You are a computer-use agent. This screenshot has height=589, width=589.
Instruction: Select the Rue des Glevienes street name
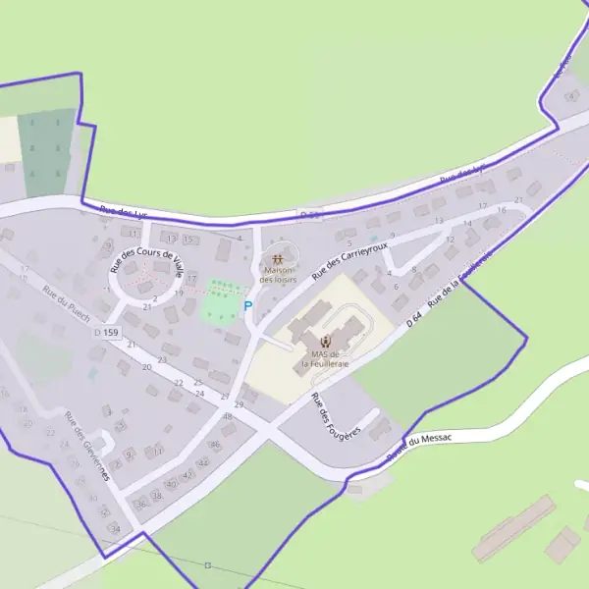(86, 447)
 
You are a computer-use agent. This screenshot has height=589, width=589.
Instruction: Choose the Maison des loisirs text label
(278, 275)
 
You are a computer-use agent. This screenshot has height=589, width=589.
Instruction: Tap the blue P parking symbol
(247, 306)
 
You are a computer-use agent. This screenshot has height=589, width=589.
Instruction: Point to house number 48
(228, 416)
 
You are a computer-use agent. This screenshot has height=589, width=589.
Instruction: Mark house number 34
(115, 529)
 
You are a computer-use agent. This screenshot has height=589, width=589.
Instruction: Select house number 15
(187, 240)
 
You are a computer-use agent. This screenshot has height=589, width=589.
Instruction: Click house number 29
(239, 404)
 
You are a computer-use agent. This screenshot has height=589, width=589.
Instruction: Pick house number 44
(203, 462)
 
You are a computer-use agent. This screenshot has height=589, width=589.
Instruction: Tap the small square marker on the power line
(207, 564)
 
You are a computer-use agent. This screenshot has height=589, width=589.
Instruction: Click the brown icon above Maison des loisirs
(278, 260)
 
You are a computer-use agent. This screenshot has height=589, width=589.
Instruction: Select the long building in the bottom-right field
(514, 527)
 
